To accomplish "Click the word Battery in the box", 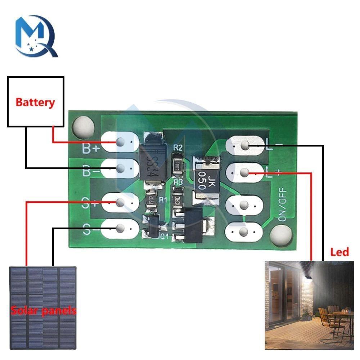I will point(35,102).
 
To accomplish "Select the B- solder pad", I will point(120,168).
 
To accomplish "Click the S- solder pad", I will point(120,228).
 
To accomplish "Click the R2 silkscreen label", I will point(178,147).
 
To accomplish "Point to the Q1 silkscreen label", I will point(164,237).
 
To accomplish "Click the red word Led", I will point(339,252).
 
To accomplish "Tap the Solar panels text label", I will point(43,310).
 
